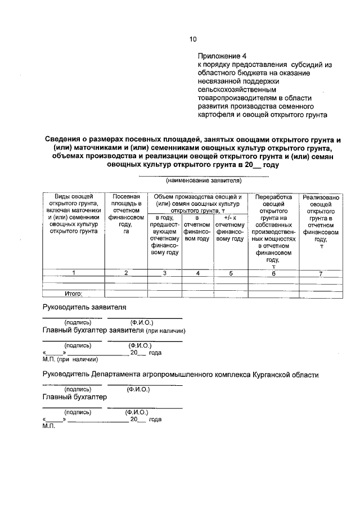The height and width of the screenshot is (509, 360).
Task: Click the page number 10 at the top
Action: coord(193,39)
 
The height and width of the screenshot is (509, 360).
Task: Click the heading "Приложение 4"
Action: coord(222,56)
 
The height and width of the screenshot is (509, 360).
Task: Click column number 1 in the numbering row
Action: coord(74,273)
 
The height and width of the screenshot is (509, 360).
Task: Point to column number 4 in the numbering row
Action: coord(197,273)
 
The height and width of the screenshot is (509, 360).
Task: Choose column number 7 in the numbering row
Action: coord(321,273)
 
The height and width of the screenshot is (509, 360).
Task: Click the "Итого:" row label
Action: coord(74,293)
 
